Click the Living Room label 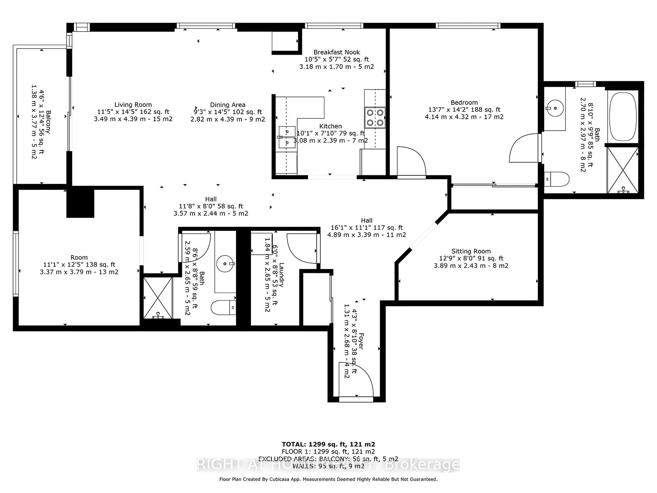coord(133,105)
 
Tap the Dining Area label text coord(227,105)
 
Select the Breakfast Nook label coord(336,52)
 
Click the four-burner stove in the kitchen coord(375,117)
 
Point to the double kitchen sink coord(287,137)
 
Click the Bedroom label coord(464,103)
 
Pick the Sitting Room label coord(471,251)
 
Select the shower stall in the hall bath coord(158,297)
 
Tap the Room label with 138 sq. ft coord(79,258)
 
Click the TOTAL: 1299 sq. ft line coord(328,444)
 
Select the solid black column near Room coord(80,202)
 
